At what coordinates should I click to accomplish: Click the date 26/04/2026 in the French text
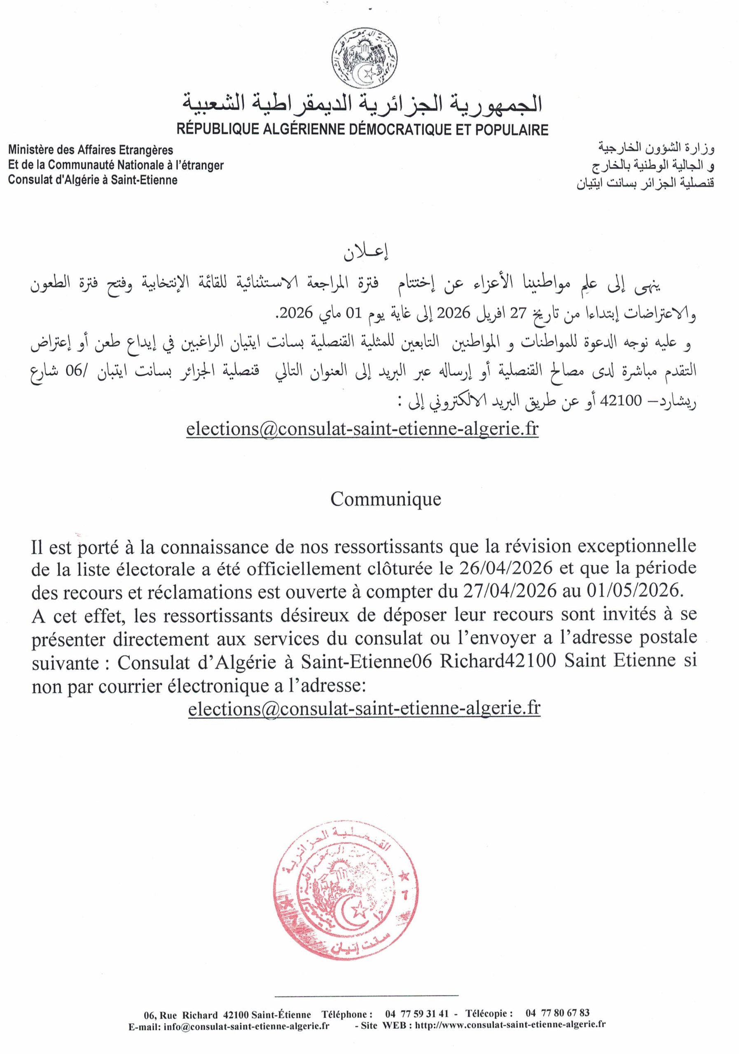pyautogui.click(x=505, y=568)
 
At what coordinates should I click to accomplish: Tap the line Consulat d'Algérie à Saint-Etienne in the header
pyautogui.click(x=92, y=180)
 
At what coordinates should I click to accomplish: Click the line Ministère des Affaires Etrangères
pyautogui.click(x=91, y=149)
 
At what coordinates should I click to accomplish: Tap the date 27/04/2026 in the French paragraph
pyautogui.click(x=505, y=591)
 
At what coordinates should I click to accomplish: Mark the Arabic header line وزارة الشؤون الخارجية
pyautogui.click(x=656, y=148)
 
